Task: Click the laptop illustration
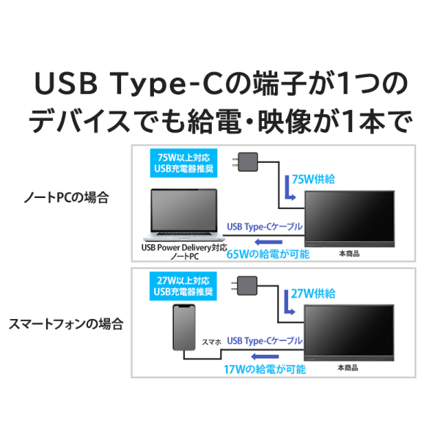[x=184, y=215]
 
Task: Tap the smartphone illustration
[x=184, y=328]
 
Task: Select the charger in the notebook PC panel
[x=245, y=162]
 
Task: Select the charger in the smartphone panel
[x=244, y=286]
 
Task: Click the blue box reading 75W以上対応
[x=184, y=163]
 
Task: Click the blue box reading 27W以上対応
[x=183, y=286]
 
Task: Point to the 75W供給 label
[x=313, y=180]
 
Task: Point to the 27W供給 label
[x=313, y=293]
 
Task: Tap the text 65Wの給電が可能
[x=268, y=254]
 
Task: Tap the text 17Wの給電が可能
[x=265, y=370]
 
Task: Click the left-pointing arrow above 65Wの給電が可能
[x=268, y=242]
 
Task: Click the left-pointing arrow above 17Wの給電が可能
[x=265, y=356]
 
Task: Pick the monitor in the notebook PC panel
[x=350, y=219]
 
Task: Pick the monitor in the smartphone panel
[x=349, y=332]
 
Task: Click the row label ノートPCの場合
[x=66, y=197]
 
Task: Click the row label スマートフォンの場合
[x=66, y=324]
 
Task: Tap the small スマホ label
[x=212, y=342]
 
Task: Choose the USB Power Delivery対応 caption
[x=184, y=248]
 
